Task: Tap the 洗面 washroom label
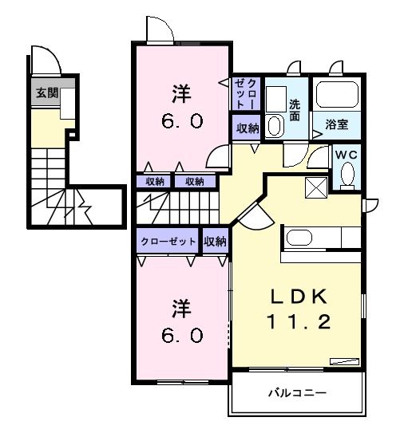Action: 294,108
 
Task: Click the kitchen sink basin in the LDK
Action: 299,238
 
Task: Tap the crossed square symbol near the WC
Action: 315,188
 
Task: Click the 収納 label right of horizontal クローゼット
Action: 215,241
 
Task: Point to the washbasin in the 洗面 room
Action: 275,125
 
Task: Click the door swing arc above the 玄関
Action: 43,59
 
